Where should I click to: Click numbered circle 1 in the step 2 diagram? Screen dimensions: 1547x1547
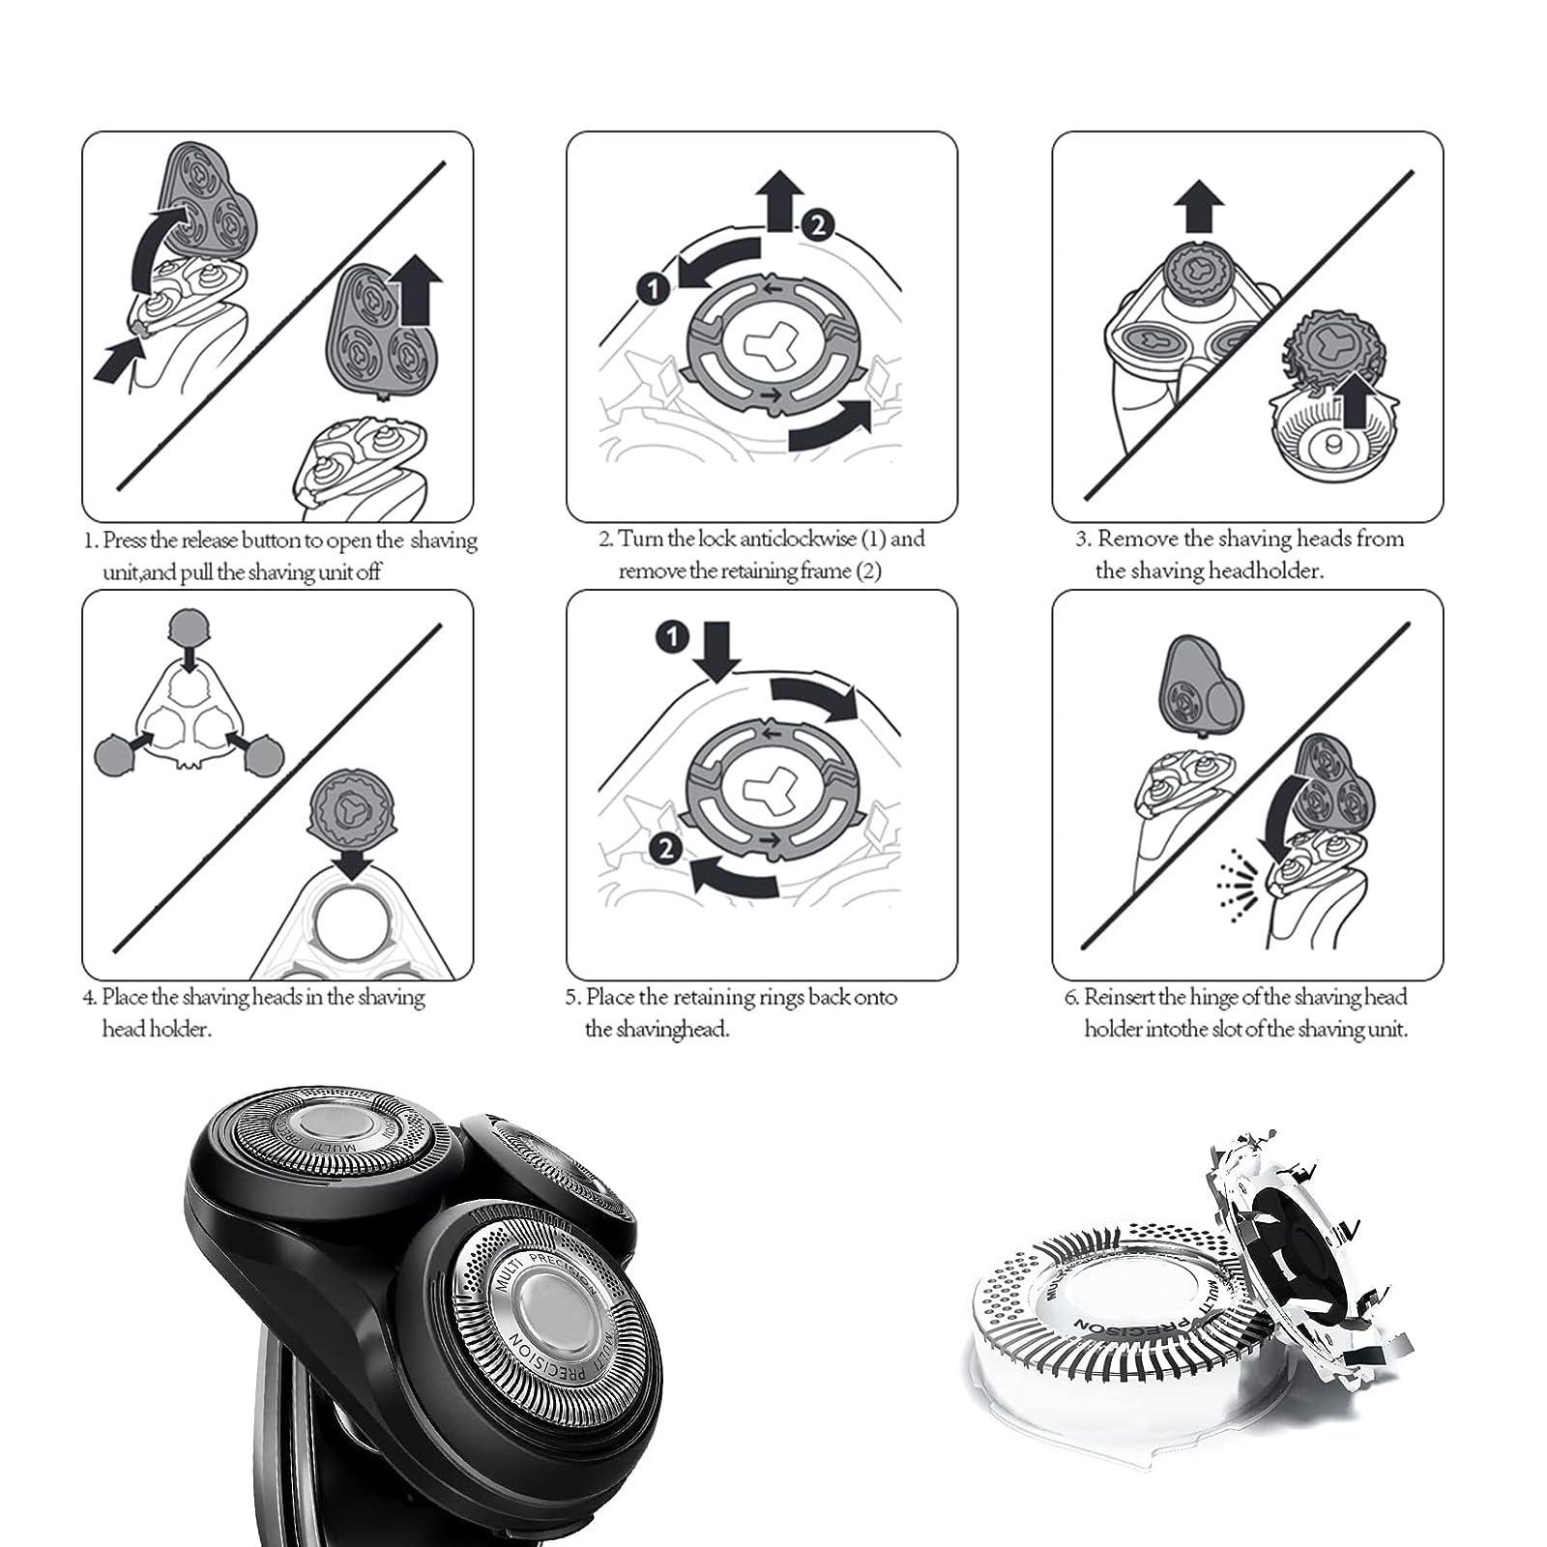[654, 287]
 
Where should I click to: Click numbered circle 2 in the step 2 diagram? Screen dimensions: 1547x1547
[817, 225]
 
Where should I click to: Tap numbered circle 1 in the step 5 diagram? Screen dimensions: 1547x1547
[671, 636]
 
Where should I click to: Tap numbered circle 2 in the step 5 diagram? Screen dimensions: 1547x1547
[666, 849]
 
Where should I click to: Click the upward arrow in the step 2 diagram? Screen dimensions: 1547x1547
[779, 200]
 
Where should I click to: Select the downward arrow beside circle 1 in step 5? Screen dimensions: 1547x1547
[716, 652]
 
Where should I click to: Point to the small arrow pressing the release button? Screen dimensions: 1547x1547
[119, 364]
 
